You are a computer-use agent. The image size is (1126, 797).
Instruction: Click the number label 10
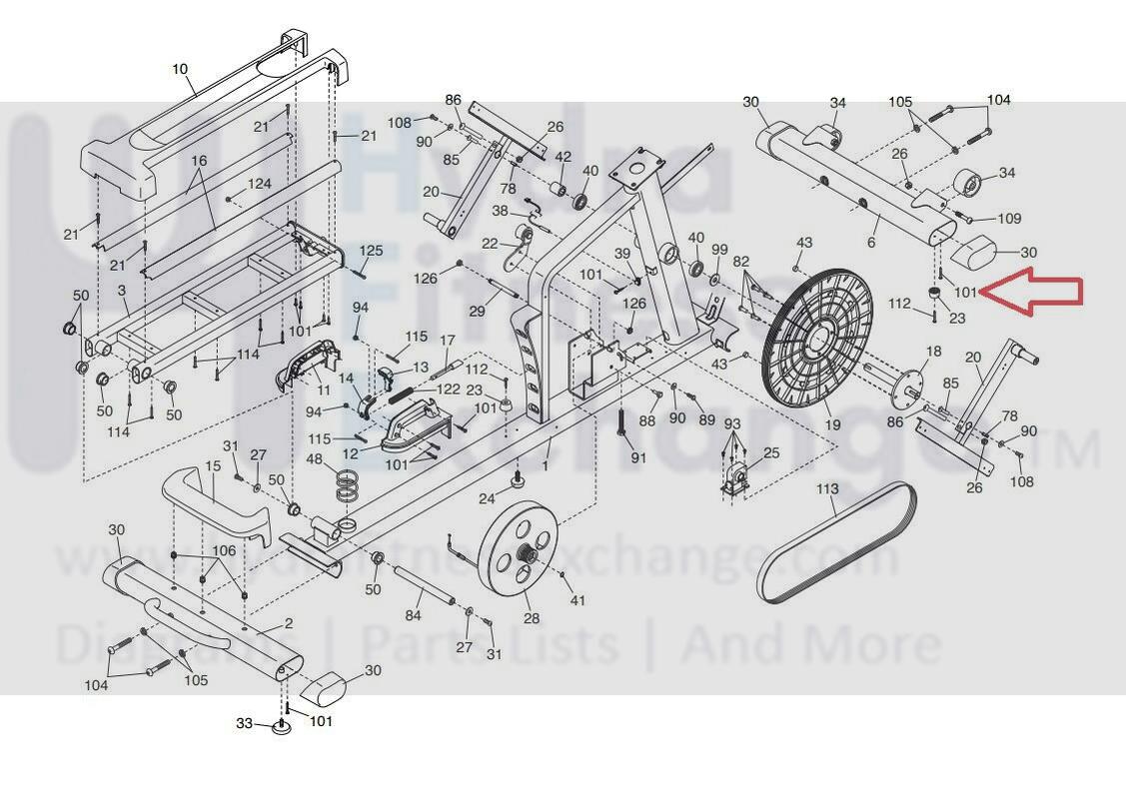pyautogui.click(x=180, y=69)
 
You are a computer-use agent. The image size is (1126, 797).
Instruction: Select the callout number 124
pyautogui.click(x=260, y=185)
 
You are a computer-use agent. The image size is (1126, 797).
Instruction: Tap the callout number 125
pyautogui.click(x=372, y=251)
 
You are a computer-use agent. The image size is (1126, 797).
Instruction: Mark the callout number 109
pyautogui.click(x=1009, y=219)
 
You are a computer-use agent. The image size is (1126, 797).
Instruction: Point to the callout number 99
pyautogui.click(x=719, y=248)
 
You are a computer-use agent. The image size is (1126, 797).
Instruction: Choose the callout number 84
pyautogui.click(x=414, y=617)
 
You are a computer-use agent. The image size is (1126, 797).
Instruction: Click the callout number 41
pyautogui.click(x=576, y=600)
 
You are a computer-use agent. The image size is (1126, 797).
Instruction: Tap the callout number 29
pyautogui.click(x=477, y=313)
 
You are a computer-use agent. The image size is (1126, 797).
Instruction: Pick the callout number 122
pyautogui.click(x=449, y=389)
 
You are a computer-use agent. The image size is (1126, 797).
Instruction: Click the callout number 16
pyautogui.click(x=199, y=161)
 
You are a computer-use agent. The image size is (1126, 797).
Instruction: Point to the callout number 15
pyautogui.click(x=213, y=466)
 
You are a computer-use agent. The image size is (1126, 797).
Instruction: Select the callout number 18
pyautogui.click(x=934, y=352)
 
